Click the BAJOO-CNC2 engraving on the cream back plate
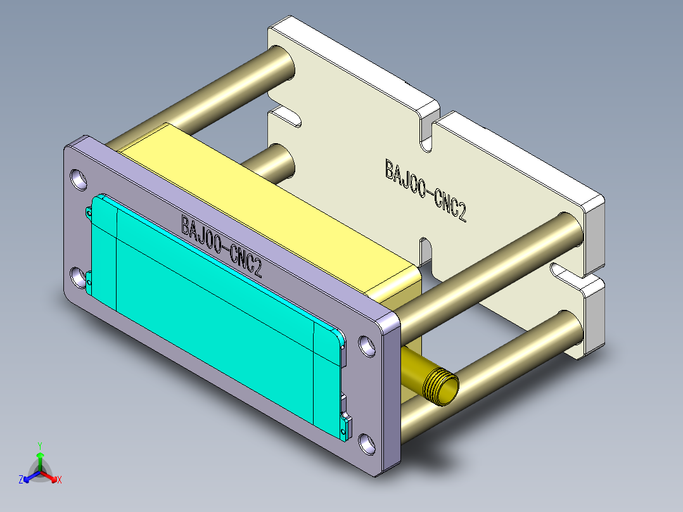[425, 191]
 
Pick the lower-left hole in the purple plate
[77, 278]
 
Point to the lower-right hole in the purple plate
[367, 443]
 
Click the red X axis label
[60, 480]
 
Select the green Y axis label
[40, 445]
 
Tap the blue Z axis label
[21, 480]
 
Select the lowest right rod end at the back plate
[568, 328]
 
